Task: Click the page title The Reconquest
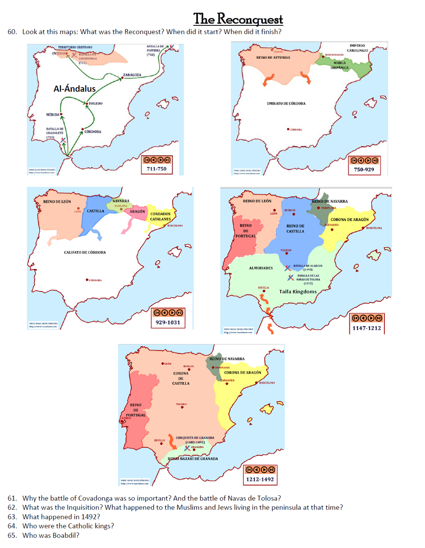238,19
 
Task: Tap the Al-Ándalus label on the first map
75,89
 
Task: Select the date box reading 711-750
157,169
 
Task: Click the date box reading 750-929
364,169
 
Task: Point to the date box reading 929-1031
168,323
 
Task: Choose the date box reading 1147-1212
367,328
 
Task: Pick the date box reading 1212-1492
260,479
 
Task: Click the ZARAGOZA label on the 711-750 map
132,75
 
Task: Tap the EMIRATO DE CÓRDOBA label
286,103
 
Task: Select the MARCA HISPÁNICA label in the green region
340,65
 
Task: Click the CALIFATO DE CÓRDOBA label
85,252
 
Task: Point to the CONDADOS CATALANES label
161,216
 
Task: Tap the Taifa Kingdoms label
298,291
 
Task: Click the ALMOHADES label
261,268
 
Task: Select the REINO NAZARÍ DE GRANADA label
193,459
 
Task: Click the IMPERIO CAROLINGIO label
357,48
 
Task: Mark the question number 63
12,517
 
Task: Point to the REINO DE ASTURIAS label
273,58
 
